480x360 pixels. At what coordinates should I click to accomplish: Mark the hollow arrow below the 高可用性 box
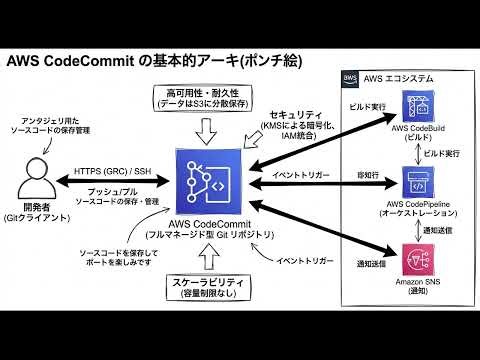point(207,129)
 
